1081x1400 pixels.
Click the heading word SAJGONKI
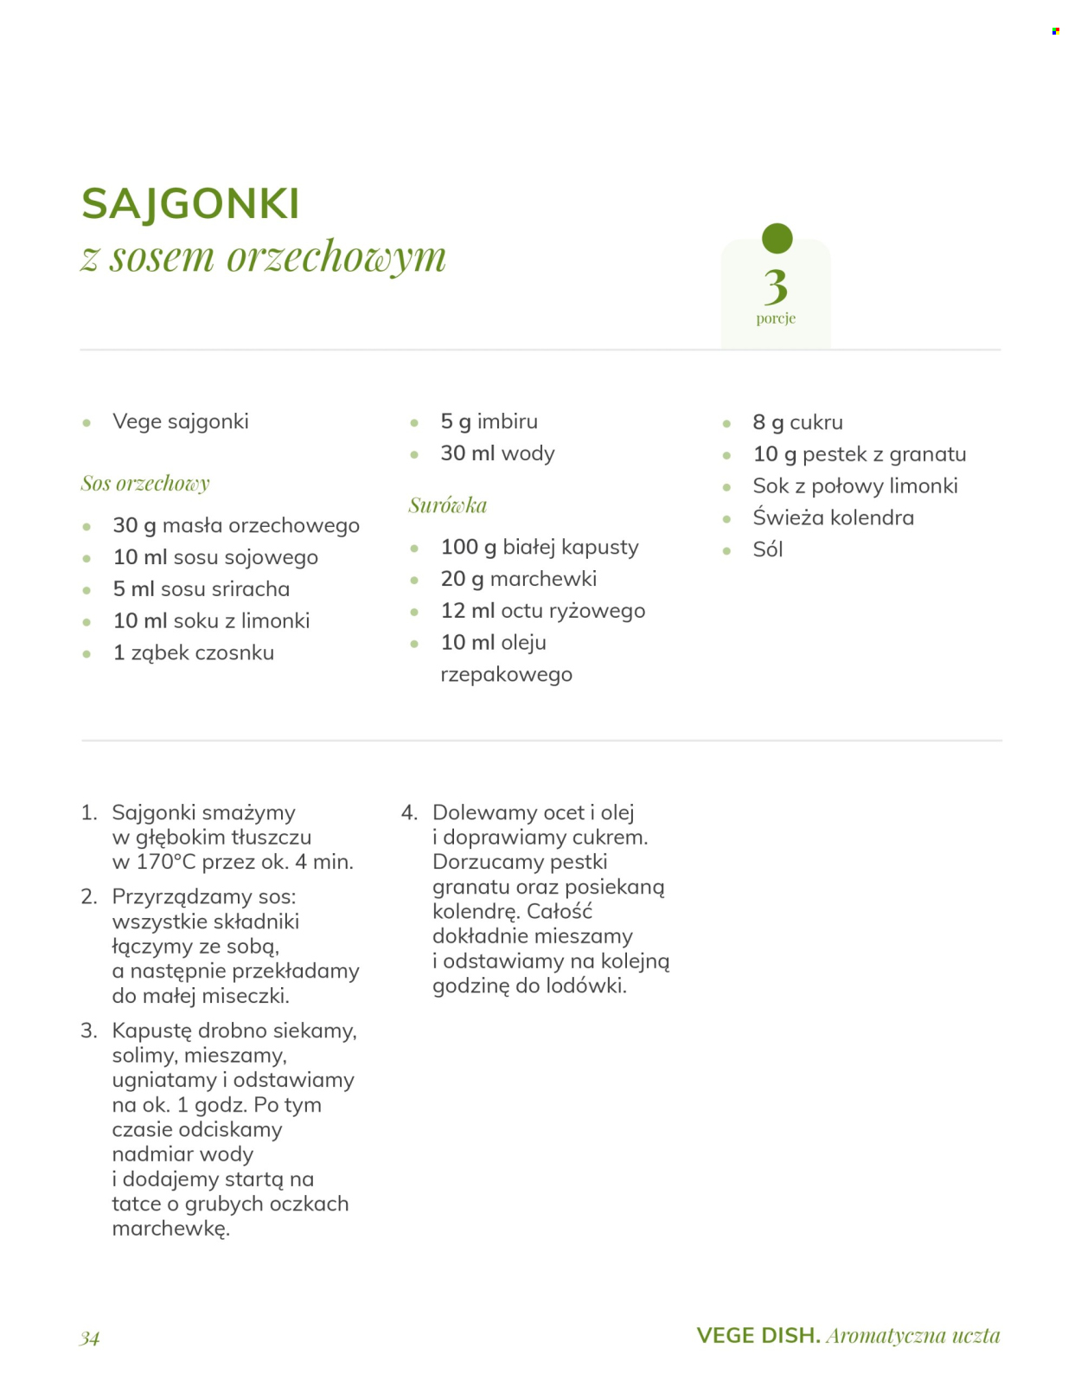[x=190, y=204]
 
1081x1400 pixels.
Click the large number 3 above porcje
[x=776, y=286]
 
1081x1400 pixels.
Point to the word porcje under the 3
[x=776, y=318]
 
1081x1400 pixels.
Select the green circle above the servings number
[x=777, y=238]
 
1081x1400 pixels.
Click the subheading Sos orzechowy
[x=145, y=484]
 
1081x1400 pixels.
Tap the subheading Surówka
[x=447, y=505]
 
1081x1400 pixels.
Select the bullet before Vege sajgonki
[x=86, y=423]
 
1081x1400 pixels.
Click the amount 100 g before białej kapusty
[x=468, y=547]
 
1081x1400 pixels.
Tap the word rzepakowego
[x=506, y=675]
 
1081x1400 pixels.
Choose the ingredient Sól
[x=767, y=549]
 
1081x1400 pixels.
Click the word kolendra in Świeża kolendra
[x=872, y=517]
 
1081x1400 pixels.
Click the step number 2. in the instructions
[x=89, y=896]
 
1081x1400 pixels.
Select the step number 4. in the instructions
[x=409, y=812]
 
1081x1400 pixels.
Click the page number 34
[x=90, y=1339]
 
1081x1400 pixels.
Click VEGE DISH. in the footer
[x=758, y=1336]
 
